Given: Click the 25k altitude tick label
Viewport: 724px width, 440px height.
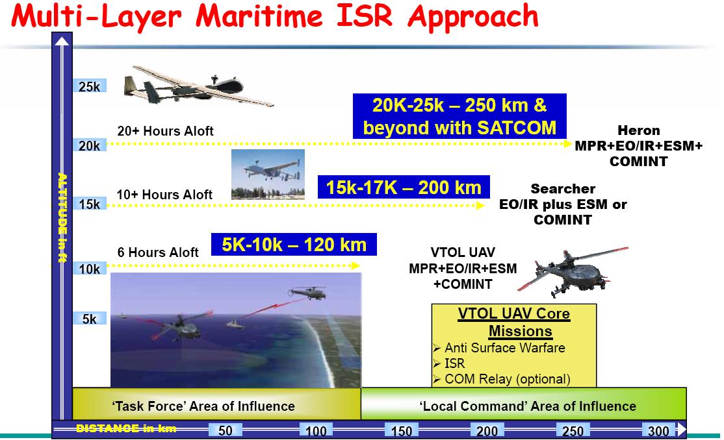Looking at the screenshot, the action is coord(90,86).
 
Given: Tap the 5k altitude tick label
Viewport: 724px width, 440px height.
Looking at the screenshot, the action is coord(90,319).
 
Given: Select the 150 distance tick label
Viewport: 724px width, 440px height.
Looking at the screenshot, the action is coord(401,430).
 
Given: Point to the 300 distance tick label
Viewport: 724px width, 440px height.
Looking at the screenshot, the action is coord(658,430).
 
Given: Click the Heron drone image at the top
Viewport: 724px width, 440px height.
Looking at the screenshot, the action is coord(198,86).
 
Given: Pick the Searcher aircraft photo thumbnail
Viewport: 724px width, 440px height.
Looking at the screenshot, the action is coord(268,175).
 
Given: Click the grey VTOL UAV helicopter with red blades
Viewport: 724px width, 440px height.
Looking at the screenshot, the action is coord(573,272).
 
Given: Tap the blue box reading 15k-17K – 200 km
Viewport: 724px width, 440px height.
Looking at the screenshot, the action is coord(404,188).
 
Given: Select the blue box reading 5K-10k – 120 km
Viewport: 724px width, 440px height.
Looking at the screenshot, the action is coord(294,245).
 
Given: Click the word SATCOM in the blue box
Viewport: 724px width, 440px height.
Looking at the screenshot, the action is coord(516,127).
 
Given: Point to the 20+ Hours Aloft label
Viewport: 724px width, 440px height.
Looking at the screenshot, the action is coord(165,131).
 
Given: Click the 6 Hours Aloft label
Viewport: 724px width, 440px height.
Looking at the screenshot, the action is coord(158,252).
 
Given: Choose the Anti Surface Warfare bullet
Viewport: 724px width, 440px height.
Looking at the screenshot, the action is coord(499,348).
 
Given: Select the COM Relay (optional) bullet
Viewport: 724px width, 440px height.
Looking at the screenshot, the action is coord(502,379).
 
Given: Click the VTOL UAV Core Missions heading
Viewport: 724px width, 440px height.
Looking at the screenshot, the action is coord(514,322).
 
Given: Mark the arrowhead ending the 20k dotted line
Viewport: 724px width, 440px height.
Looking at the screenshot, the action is coord(569,144).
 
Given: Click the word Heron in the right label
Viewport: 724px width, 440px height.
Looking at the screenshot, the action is coord(639,130).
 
